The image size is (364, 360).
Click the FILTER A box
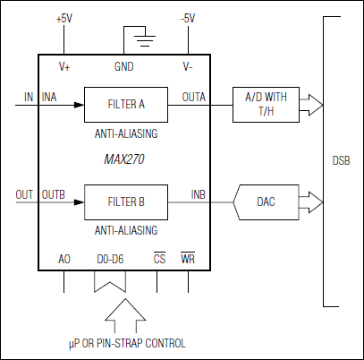[125, 104]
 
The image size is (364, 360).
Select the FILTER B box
[125, 202]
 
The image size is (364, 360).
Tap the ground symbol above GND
[139, 38]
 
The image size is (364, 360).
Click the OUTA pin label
[194, 96]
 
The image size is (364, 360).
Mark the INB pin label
[199, 194]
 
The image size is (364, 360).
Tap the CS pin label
[159, 259]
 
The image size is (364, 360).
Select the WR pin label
[187, 259]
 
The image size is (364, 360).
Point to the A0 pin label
[64, 259]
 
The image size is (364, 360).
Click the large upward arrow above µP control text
[123, 313]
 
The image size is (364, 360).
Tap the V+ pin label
[65, 66]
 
